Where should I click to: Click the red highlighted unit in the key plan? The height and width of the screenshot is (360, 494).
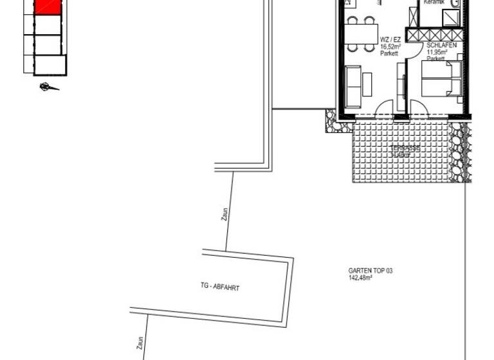point(48,6)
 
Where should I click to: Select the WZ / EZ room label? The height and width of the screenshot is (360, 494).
point(389,39)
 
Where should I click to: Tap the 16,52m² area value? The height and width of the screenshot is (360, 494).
point(390,47)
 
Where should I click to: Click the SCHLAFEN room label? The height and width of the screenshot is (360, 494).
point(441,46)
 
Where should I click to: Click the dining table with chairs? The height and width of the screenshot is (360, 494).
point(360,34)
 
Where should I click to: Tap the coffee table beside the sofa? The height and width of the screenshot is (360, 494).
point(367,84)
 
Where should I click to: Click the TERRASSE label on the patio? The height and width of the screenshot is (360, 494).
point(405,148)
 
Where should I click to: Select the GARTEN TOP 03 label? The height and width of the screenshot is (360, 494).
point(370,271)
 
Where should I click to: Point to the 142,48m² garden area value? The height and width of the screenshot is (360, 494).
point(361,278)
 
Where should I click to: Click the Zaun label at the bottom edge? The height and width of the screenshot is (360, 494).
point(140,343)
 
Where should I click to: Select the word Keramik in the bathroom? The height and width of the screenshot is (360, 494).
point(435,3)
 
